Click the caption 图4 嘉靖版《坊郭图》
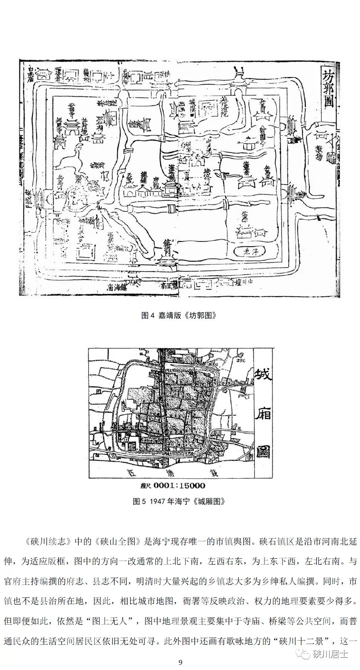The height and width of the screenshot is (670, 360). [x=179, y=315]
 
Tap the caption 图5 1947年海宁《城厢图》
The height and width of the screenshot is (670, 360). [x=179, y=501]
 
